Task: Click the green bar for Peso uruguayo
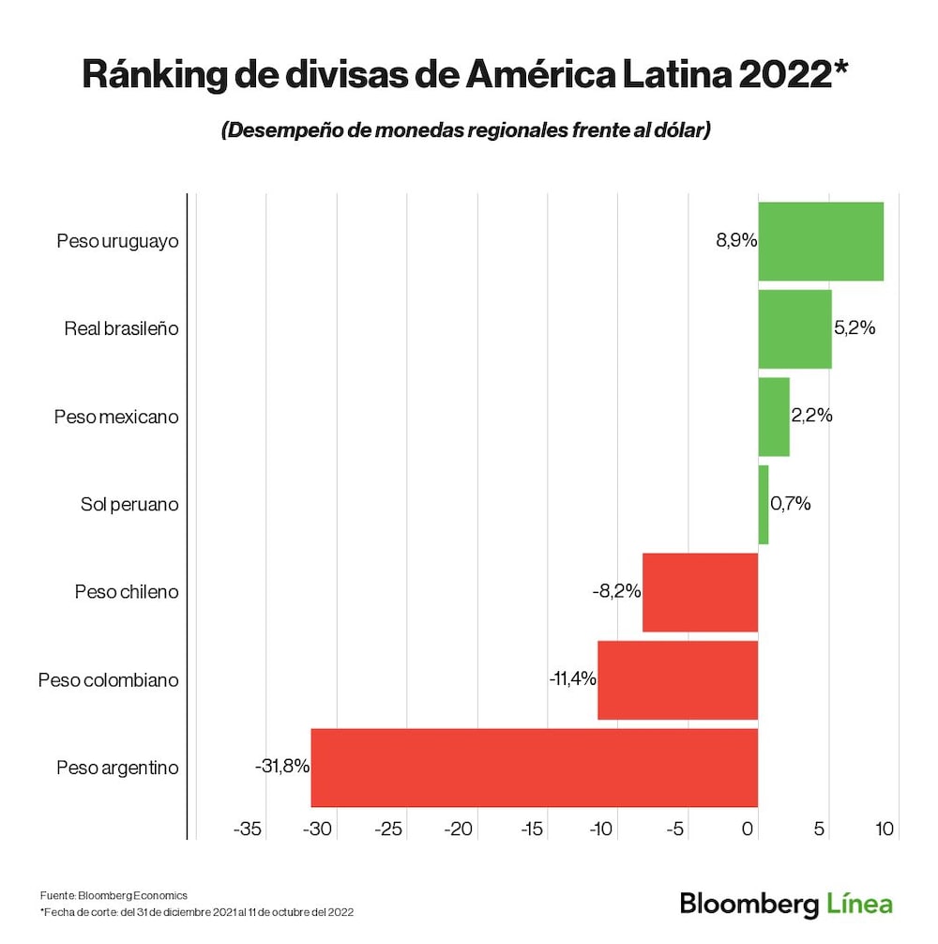pyautogui.click(x=821, y=241)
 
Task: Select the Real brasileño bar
pyautogui.click(x=794, y=329)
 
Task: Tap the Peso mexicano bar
pyautogui.click(x=774, y=417)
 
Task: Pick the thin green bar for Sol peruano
pyautogui.click(x=764, y=505)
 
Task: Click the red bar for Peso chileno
pyautogui.click(x=700, y=592)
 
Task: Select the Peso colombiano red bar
pyautogui.click(x=677, y=680)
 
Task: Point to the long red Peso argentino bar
pyautogui.click(x=534, y=768)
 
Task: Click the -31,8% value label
pyautogui.click(x=281, y=767)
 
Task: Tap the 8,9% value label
pyautogui.click(x=736, y=241)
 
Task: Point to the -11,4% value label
pyautogui.click(x=573, y=678)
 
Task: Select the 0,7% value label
pyautogui.click(x=791, y=504)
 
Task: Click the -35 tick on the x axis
pyautogui.click(x=248, y=830)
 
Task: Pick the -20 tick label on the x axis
pyautogui.click(x=460, y=830)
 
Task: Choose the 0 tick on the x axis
pyautogui.click(x=748, y=830)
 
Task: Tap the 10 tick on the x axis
pyautogui.click(x=885, y=830)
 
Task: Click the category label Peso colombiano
pyautogui.click(x=108, y=680)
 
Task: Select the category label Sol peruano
pyautogui.click(x=129, y=505)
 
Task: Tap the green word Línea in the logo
pyautogui.click(x=860, y=905)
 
